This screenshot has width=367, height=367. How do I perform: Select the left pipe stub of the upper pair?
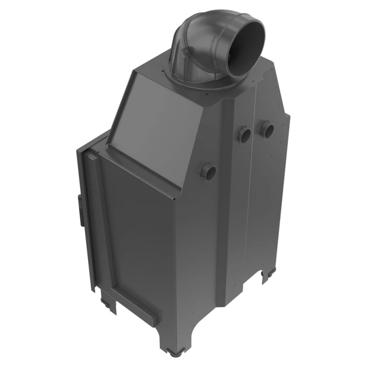(x=244, y=134)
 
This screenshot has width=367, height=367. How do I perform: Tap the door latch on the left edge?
(x=79, y=209)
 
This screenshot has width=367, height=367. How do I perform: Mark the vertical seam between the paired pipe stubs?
(x=255, y=147)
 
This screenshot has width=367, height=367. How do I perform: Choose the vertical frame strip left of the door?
(x=91, y=220)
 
